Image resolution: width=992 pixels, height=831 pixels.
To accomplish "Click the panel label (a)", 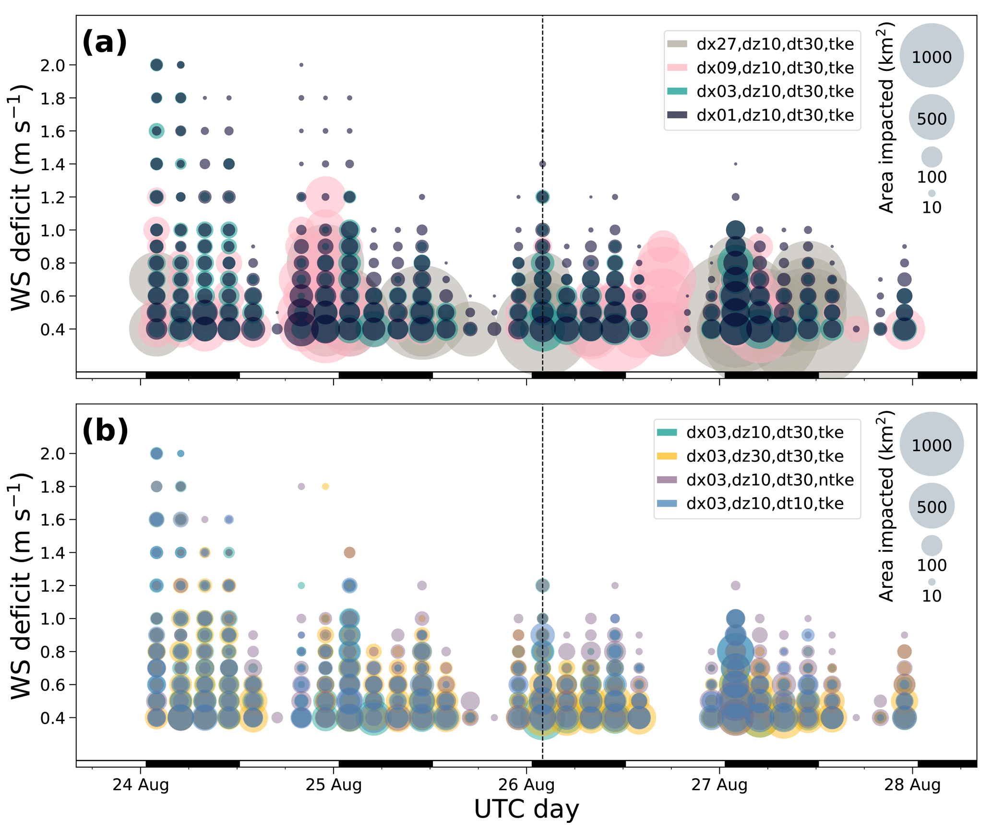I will click(x=105, y=42).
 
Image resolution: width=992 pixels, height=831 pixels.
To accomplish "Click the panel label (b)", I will click(x=105, y=431).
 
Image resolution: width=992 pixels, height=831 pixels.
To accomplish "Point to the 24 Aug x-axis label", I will click(x=141, y=785).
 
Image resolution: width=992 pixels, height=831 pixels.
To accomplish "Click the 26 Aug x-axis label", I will click(x=526, y=785).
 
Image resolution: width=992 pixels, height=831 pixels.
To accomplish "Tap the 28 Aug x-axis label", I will click(x=912, y=785).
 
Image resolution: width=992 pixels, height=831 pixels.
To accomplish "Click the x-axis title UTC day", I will click(x=526, y=810).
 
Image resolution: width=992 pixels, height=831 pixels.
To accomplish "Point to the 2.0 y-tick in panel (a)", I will click(x=53, y=65).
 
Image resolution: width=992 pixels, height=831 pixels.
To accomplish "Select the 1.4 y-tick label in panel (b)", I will click(x=53, y=553).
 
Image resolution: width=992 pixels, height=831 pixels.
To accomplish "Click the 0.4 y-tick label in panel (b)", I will click(x=53, y=718).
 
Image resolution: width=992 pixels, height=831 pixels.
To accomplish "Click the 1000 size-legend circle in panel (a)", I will click(x=932, y=56).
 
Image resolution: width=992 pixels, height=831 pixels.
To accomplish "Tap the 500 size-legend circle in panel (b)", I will click(x=932, y=506).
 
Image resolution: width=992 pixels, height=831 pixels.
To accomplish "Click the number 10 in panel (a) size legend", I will click(x=932, y=208).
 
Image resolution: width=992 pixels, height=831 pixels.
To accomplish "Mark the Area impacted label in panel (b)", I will click(x=886, y=506).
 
